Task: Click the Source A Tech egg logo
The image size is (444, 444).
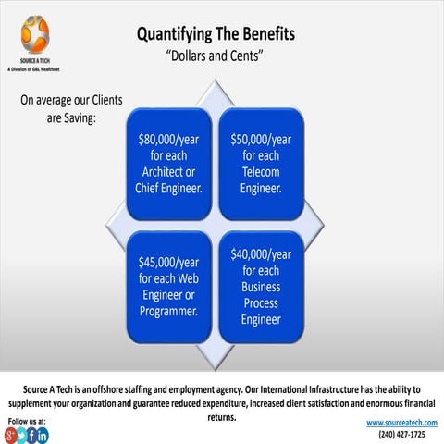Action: [x=35, y=34]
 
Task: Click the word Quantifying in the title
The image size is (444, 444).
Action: [x=175, y=34]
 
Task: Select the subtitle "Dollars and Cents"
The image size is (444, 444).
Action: [x=215, y=55]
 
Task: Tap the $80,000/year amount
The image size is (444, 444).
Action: [x=168, y=140]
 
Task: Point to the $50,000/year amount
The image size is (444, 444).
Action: [x=261, y=140]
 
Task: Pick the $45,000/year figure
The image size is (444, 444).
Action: [x=168, y=263]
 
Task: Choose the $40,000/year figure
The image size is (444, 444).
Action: [x=261, y=254]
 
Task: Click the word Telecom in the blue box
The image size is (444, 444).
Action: [x=261, y=172]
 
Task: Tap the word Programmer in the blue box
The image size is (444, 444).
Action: [x=168, y=312]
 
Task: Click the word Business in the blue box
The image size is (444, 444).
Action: [x=261, y=287]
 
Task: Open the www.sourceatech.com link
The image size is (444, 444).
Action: [x=401, y=423]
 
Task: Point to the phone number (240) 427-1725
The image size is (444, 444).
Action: [x=401, y=435]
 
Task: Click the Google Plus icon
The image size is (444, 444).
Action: [x=10, y=436]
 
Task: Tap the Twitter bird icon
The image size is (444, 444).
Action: [x=21, y=436]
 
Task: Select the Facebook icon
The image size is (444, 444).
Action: [x=31, y=436]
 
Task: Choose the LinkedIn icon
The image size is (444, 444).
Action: [x=43, y=436]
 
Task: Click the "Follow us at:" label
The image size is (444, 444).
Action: [x=27, y=421]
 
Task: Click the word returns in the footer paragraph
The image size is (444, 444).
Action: [x=222, y=417]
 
